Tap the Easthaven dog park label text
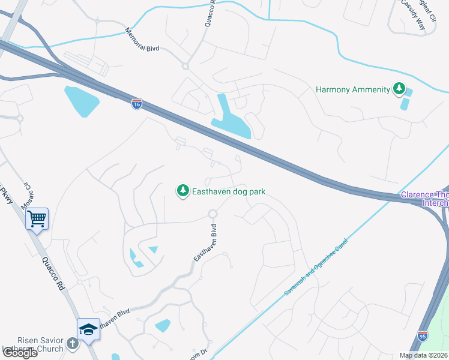pos(228,192)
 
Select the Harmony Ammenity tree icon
pos(399,90)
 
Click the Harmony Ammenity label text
pos(353,90)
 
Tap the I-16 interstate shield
pos(137,104)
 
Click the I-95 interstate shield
pos(423,337)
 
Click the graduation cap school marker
pos(88,329)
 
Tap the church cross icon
pos(72,344)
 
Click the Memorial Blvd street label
pos(142,40)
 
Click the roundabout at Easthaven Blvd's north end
pos(212,214)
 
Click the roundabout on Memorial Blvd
pos(185,66)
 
